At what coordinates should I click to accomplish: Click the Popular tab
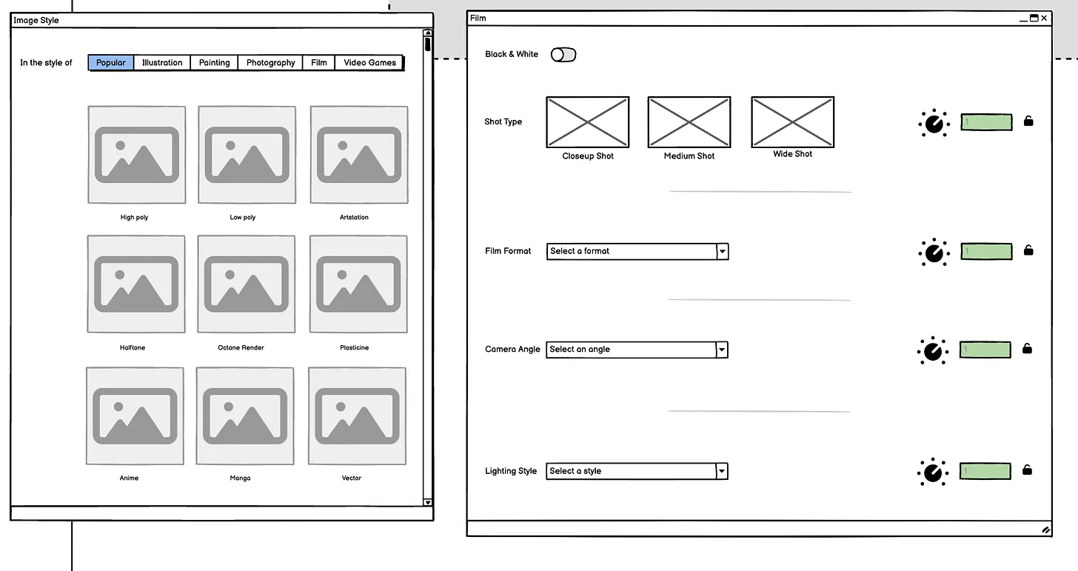[x=111, y=63]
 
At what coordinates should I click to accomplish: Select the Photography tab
[x=270, y=63]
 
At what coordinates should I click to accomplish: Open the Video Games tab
[x=369, y=63]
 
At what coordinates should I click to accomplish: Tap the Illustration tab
[x=162, y=63]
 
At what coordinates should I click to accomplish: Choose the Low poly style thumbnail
[x=247, y=155]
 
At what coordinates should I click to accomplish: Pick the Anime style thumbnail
[x=135, y=416]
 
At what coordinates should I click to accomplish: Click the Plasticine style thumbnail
[x=358, y=284]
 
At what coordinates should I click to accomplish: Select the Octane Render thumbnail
[x=247, y=284]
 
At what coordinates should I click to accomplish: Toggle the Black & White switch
[x=563, y=54]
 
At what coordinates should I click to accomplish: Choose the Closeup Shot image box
[x=588, y=121]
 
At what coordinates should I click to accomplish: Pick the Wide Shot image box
[x=793, y=121]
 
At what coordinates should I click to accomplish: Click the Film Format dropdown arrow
[x=723, y=251]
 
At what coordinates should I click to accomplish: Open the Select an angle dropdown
[x=637, y=350]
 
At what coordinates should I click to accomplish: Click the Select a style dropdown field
[x=637, y=471]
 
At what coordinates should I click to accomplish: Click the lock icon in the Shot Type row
[x=1028, y=121]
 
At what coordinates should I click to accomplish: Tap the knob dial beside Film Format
[x=934, y=252]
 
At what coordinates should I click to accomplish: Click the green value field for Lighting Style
[x=985, y=471]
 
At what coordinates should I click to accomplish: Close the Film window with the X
[x=1044, y=18]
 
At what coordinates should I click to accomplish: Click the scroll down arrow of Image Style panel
[x=427, y=502]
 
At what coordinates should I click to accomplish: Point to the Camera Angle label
[x=512, y=349]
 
